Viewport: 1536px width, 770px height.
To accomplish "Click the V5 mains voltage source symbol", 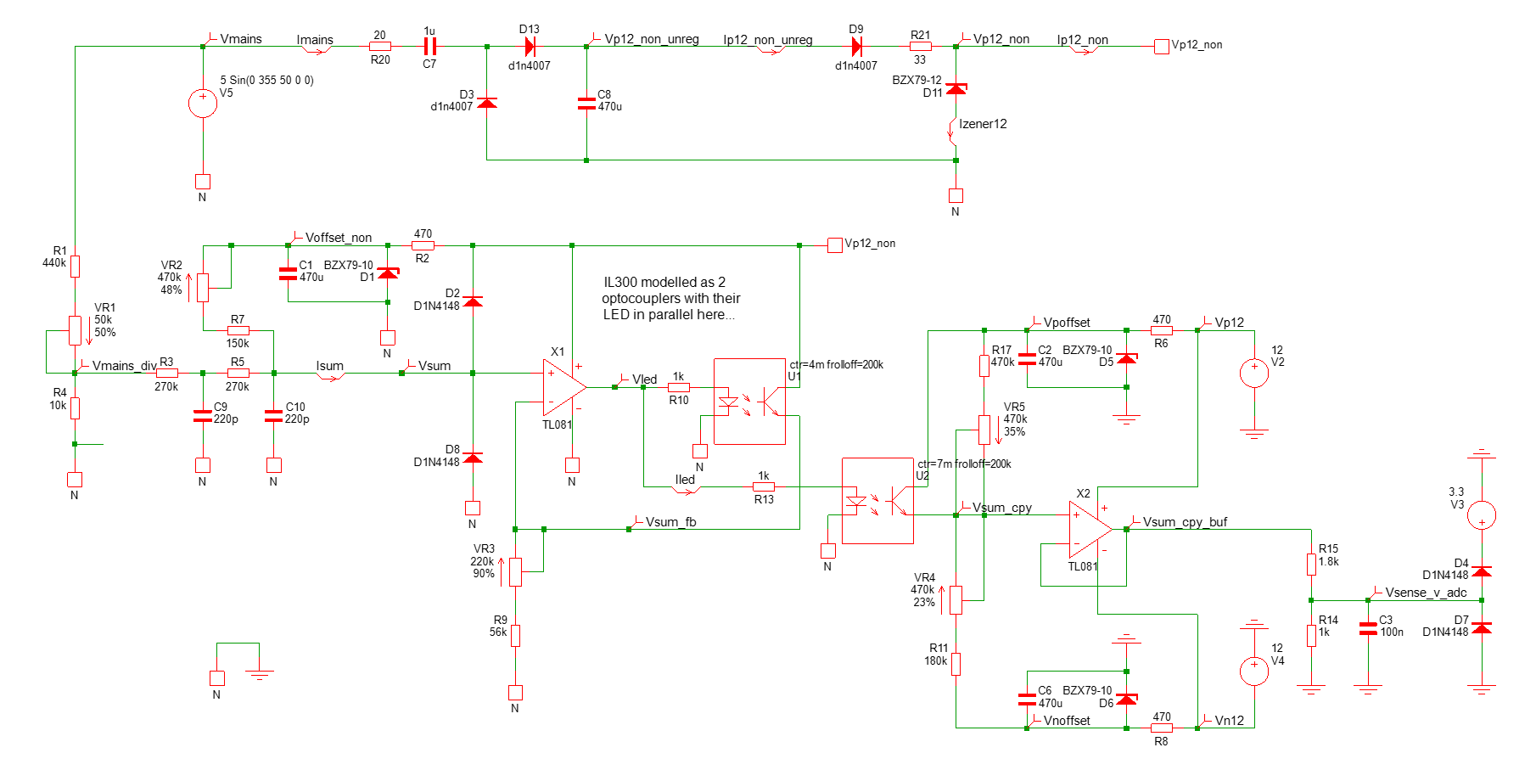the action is click(202, 103).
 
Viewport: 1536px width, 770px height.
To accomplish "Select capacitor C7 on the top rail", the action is click(429, 46).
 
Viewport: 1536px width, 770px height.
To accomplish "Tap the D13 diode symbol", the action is click(530, 46).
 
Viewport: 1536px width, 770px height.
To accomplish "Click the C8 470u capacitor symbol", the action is click(586, 103).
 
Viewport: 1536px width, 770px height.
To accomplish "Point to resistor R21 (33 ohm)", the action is click(920, 46).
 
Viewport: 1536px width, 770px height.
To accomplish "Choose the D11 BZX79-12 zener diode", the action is click(956, 88).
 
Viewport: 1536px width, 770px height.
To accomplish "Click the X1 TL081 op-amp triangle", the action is click(564, 387).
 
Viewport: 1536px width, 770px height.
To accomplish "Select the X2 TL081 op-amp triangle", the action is click(1090, 529).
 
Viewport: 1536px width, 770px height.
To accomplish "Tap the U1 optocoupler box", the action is click(749, 402).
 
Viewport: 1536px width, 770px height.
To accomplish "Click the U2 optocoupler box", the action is click(877, 501).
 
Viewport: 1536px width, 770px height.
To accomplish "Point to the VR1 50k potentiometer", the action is click(75, 330).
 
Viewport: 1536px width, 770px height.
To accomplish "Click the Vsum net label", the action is click(434, 366).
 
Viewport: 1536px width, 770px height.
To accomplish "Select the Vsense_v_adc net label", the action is click(1426, 593).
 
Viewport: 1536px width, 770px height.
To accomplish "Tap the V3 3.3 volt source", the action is click(1482, 514).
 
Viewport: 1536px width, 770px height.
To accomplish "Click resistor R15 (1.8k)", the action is click(1311, 564).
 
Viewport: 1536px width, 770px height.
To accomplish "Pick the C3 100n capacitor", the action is click(1368, 628).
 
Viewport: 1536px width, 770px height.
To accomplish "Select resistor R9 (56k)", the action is click(515, 635).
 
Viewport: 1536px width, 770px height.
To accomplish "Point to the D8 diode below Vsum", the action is click(473, 458).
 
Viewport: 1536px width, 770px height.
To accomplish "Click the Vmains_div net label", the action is click(125, 366).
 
